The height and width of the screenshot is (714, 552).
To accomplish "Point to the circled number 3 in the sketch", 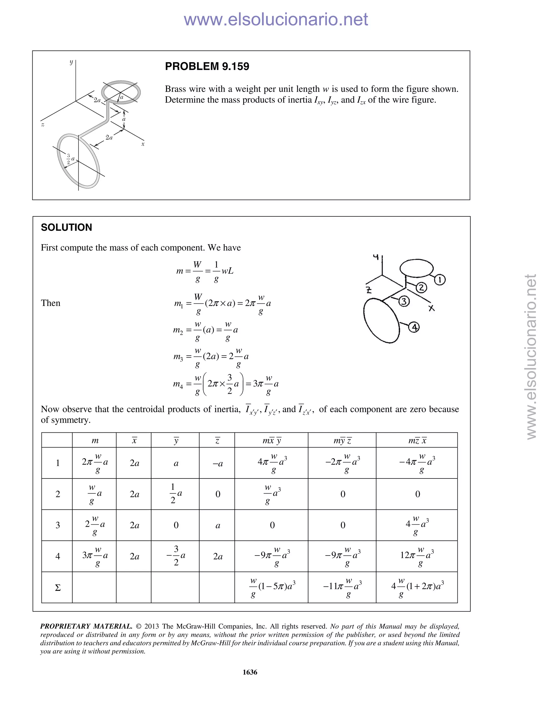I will [404, 301].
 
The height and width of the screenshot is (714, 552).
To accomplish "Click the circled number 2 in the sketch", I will [421, 288].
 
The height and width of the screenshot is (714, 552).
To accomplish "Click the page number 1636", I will [250, 672].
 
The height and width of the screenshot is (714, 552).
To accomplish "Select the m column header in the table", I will [95, 440].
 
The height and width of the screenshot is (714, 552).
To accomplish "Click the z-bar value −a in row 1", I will [218, 463].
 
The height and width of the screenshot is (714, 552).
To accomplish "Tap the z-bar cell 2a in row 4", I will [218, 556].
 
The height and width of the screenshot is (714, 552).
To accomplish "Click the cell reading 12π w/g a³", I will [417, 556].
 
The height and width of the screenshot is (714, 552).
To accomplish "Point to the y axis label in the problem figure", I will [71, 62].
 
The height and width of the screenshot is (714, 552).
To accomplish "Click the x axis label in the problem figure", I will [143, 144].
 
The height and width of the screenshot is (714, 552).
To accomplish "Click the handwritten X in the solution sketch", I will [432, 308].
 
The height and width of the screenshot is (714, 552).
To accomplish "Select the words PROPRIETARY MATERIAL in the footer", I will [86, 626].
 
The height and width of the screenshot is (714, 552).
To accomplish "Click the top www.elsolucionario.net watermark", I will [276, 19].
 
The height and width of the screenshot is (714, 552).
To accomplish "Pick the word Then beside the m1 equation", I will [50, 303].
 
